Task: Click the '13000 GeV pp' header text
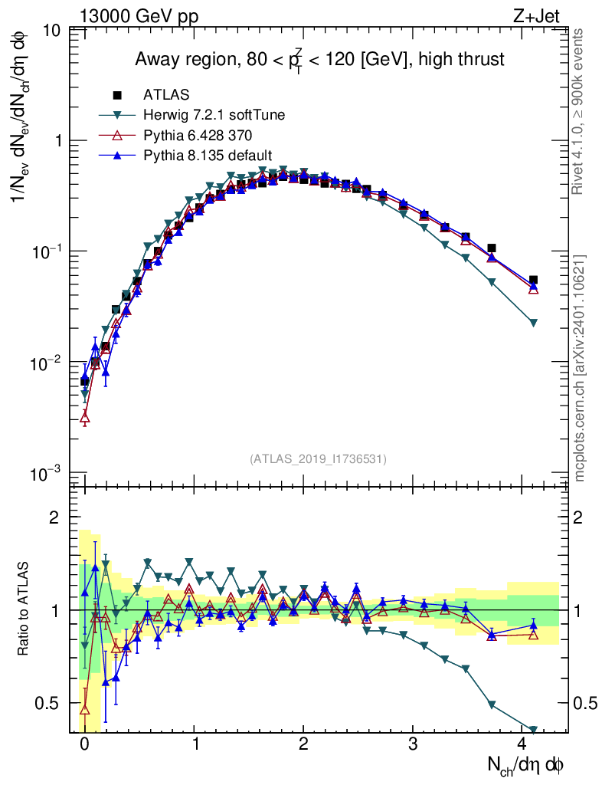click(139, 16)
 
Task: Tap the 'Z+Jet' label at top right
click(536, 16)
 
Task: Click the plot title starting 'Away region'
click(319, 60)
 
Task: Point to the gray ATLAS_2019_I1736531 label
click(318, 458)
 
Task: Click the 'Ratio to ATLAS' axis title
click(22, 609)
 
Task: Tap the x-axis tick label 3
click(413, 744)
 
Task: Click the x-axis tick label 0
click(84, 744)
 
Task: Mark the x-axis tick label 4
click(522, 744)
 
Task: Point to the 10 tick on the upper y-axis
click(51, 31)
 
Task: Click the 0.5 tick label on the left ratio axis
click(46, 703)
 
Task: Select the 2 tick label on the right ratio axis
click(578, 517)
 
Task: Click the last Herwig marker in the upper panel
click(533, 323)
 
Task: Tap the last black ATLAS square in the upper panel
click(533, 280)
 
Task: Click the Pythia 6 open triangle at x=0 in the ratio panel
click(84, 709)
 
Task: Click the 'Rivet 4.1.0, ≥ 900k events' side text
click(577, 112)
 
